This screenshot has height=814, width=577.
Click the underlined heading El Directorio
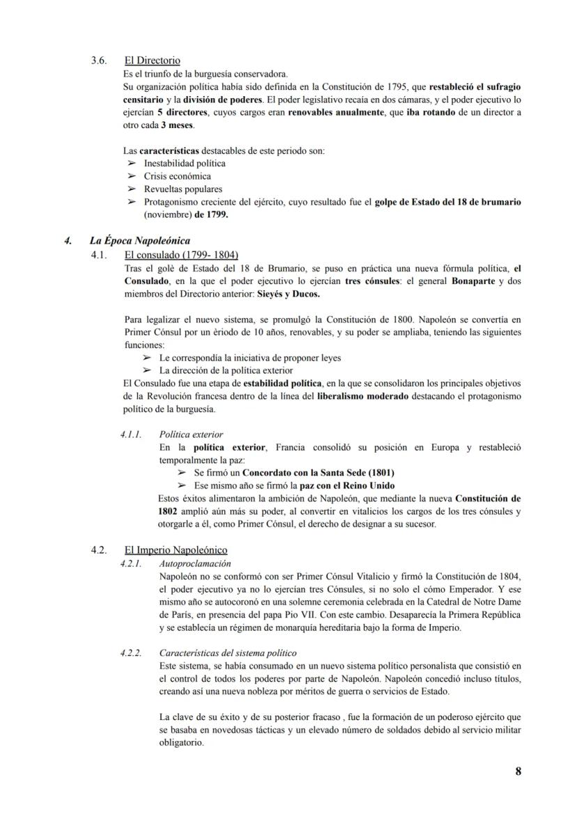(152, 61)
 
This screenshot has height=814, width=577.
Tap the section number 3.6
(99, 61)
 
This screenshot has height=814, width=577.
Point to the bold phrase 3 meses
(178, 125)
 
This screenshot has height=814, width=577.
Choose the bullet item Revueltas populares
(183, 189)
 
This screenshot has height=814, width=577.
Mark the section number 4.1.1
(130, 434)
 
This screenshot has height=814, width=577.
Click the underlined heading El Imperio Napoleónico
(176, 550)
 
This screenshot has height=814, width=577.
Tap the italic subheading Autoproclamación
(195, 563)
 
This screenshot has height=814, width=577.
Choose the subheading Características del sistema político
(228, 652)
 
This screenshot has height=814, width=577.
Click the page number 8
(518, 771)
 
